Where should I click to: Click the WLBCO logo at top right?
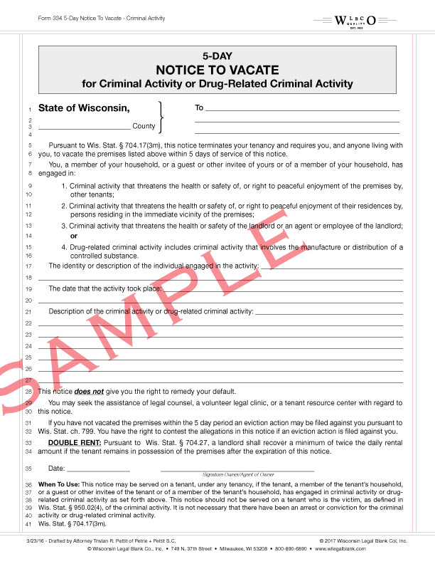pos(365,19)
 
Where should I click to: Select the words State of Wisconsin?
pos(84,108)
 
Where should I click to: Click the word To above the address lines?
pos(199,108)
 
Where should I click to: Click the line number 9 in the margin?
pos(30,187)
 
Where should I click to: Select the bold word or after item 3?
pos(73,236)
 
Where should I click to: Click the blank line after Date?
pos(98,471)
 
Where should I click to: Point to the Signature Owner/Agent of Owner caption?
pos(237,474)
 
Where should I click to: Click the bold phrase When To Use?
pos(59,484)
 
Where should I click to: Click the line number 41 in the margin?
pos(29,525)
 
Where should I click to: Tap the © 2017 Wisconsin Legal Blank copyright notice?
pos(363,541)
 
